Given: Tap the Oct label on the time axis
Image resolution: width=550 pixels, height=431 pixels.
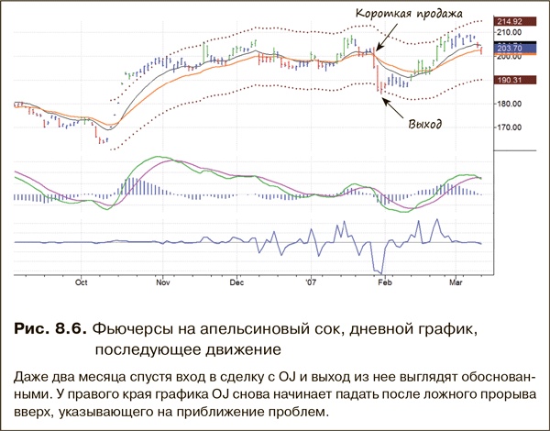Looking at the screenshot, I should tap(82, 282).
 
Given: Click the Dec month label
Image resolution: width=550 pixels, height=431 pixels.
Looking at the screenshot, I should tap(236, 282).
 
